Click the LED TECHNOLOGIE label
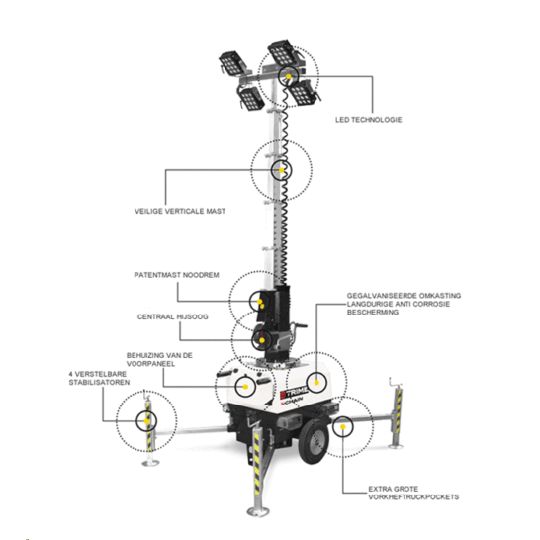click(x=369, y=120)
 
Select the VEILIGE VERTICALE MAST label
click(x=180, y=211)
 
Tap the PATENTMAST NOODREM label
click(x=176, y=275)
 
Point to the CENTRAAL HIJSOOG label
click(x=172, y=316)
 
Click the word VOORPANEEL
click(x=150, y=364)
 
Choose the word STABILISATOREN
click(x=99, y=383)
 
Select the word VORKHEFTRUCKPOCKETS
click(x=413, y=497)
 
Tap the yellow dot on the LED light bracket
click(x=288, y=76)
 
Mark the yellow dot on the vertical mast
click(x=281, y=170)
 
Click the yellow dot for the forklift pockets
click(x=342, y=426)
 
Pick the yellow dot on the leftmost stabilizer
click(x=146, y=421)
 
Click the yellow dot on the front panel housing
click(x=245, y=387)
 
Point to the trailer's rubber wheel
click(x=314, y=441)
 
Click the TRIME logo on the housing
click(x=294, y=392)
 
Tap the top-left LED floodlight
click(x=232, y=63)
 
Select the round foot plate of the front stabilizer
click(x=258, y=511)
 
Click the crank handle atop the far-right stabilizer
click(x=394, y=382)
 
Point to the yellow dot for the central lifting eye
click(x=262, y=340)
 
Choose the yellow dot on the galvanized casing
click(x=316, y=383)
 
